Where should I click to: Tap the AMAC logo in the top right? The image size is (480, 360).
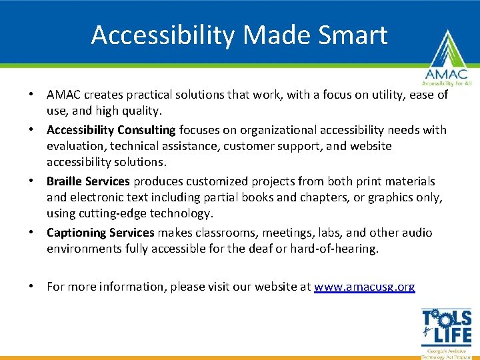coord(445,60)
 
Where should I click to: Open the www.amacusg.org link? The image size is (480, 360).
coord(365,287)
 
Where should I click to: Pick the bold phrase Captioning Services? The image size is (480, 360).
coord(101,233)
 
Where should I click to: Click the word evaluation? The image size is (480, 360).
coord(75,146)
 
